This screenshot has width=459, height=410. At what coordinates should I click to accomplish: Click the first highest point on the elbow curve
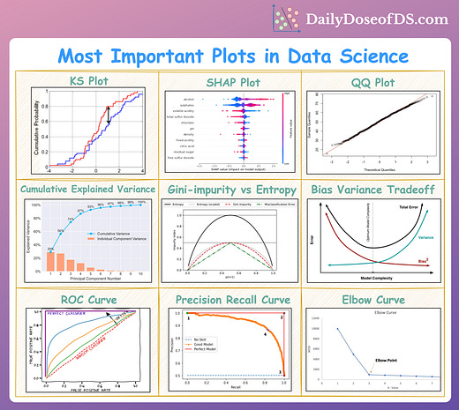(335, 329)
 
